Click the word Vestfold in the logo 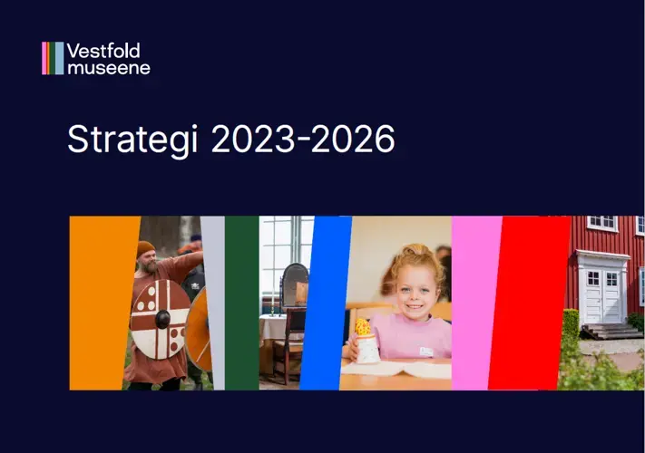pyautogui.click(x=103, y=51)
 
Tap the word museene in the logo pyautogui.click(x=109, y=67)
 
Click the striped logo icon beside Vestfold pyautogui.click(x=53, y=58)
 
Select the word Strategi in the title pyautogui.click(x=132, y=140)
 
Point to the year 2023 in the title pyautogui.click(x=253, y=139)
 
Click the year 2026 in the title pyautogui.click(x=353, y=139)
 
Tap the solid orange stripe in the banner pyautogui.click(x=102, y=304)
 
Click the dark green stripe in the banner pyautogui.click(x=242, y=304)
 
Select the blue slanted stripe pyautogui.click(x=326, y=304)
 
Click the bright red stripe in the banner pyautogui.click(x=530, y=304)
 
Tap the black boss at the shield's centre pyautogui.click(x=162, y=319)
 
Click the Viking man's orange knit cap pyautogui.click(x=146, y=249)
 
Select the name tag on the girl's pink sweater pyautogui.click(x=426, y=352)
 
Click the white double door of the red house pyautogui.click(x=602, y=296)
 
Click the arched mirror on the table pyautogui.click(x=295, y=284)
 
